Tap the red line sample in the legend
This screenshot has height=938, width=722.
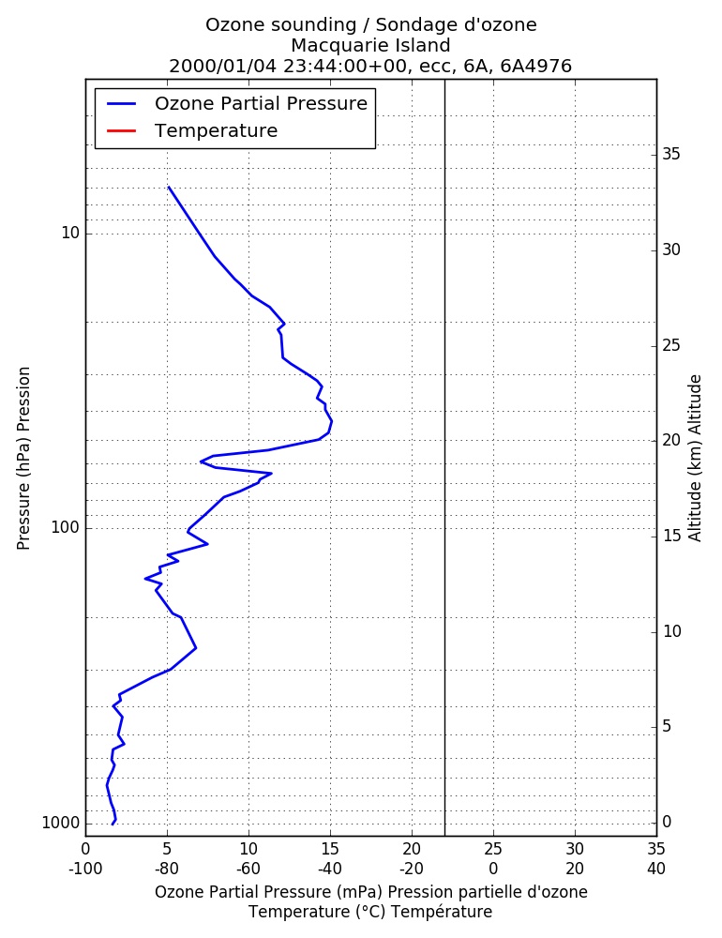122,130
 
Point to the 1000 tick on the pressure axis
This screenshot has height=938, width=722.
60,823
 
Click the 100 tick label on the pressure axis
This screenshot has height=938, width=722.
66,527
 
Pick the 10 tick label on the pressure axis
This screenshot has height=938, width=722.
70,233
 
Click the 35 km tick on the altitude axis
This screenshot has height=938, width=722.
671,155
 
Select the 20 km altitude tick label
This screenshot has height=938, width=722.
671,440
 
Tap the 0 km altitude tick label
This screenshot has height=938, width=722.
667,822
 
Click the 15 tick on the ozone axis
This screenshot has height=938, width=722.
330,848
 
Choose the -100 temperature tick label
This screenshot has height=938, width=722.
85,869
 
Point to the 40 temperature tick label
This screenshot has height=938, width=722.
656,869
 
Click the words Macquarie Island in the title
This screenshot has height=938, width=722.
371,45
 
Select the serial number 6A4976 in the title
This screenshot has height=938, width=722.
536,66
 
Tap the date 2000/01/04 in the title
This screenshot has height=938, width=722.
223,66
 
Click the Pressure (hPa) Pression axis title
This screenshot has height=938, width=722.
23,459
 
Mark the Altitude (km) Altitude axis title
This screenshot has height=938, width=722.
695,459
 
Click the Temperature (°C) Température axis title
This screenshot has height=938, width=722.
371,912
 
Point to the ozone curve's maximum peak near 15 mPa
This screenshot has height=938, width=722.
331,422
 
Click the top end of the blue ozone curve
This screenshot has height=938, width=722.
169,188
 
